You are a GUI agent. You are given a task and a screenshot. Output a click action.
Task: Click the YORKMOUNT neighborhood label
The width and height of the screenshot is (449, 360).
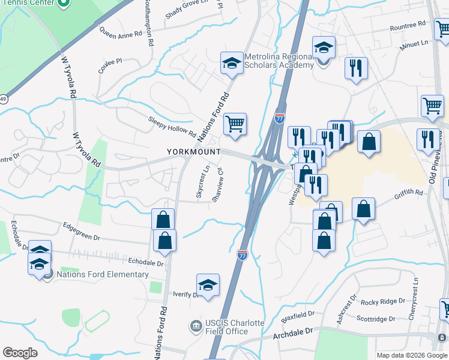194,152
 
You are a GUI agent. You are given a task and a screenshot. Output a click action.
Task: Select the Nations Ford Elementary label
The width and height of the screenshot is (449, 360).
102,275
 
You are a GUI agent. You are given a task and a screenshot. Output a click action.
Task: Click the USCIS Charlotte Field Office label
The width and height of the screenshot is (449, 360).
227,327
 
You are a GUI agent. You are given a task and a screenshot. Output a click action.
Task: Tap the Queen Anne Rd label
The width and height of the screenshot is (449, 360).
120,35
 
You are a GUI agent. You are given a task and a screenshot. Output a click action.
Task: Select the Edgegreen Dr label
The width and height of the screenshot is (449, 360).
82,232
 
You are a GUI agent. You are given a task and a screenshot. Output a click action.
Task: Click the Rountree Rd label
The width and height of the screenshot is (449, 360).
408,26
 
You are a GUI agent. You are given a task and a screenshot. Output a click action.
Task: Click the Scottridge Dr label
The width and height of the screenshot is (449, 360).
376,319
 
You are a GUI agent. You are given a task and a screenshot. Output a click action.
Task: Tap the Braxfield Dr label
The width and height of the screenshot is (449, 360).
298,314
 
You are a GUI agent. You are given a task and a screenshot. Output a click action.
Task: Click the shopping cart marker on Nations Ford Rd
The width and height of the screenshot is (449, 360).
235,124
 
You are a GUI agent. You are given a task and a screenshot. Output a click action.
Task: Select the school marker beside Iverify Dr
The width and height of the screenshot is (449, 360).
208,285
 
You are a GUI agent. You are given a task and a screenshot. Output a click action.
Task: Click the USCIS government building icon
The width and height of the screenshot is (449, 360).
196,327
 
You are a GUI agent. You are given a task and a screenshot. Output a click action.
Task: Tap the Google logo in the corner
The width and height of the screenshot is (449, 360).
20,353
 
